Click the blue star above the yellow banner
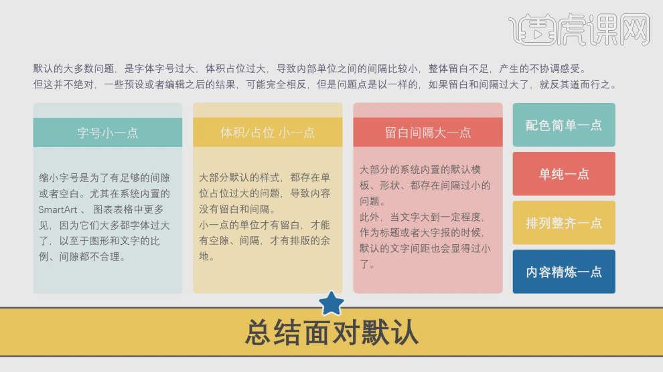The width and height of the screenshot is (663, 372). click(331, 303)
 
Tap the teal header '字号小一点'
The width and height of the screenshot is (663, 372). click(107, 132)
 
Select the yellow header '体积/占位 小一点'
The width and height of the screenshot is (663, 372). click(267, 132)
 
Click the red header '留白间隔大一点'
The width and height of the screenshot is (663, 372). click(427, 132)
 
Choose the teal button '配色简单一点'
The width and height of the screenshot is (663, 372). click(563, 125)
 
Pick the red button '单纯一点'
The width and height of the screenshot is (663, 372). click(563, 174)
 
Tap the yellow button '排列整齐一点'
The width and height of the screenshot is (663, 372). click(563, 223)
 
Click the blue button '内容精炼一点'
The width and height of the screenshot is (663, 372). click(563, 272)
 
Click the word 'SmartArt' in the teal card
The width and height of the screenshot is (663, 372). click(59, 209)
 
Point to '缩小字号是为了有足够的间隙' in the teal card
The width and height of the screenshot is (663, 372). click(104, 178)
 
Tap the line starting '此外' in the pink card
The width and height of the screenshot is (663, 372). click(422, 217)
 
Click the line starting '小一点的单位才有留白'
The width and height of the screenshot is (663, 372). click(264, 225)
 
